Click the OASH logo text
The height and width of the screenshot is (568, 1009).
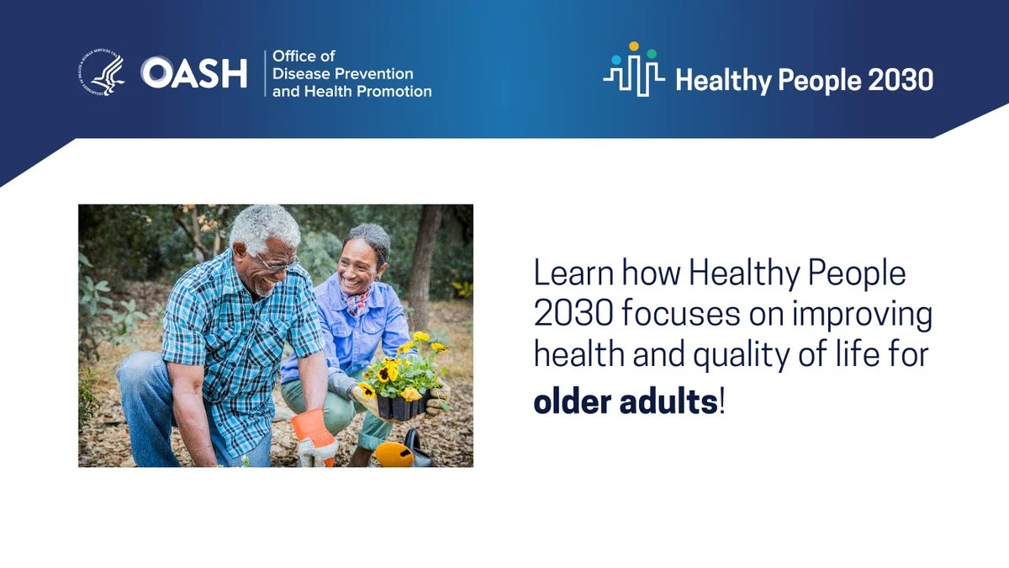[193, 72]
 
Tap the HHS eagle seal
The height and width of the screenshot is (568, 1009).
[102, 72]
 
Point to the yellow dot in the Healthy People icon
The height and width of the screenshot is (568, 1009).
[634, 46]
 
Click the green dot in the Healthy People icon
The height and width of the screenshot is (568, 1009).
[652, 54]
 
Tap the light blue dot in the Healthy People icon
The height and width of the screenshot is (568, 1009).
[616, 60]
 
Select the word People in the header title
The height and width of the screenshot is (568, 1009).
[819, 81]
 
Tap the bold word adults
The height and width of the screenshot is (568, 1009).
[669, 402]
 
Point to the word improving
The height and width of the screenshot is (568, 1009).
[862, 315]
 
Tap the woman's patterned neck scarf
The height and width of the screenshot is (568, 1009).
[357, 302]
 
